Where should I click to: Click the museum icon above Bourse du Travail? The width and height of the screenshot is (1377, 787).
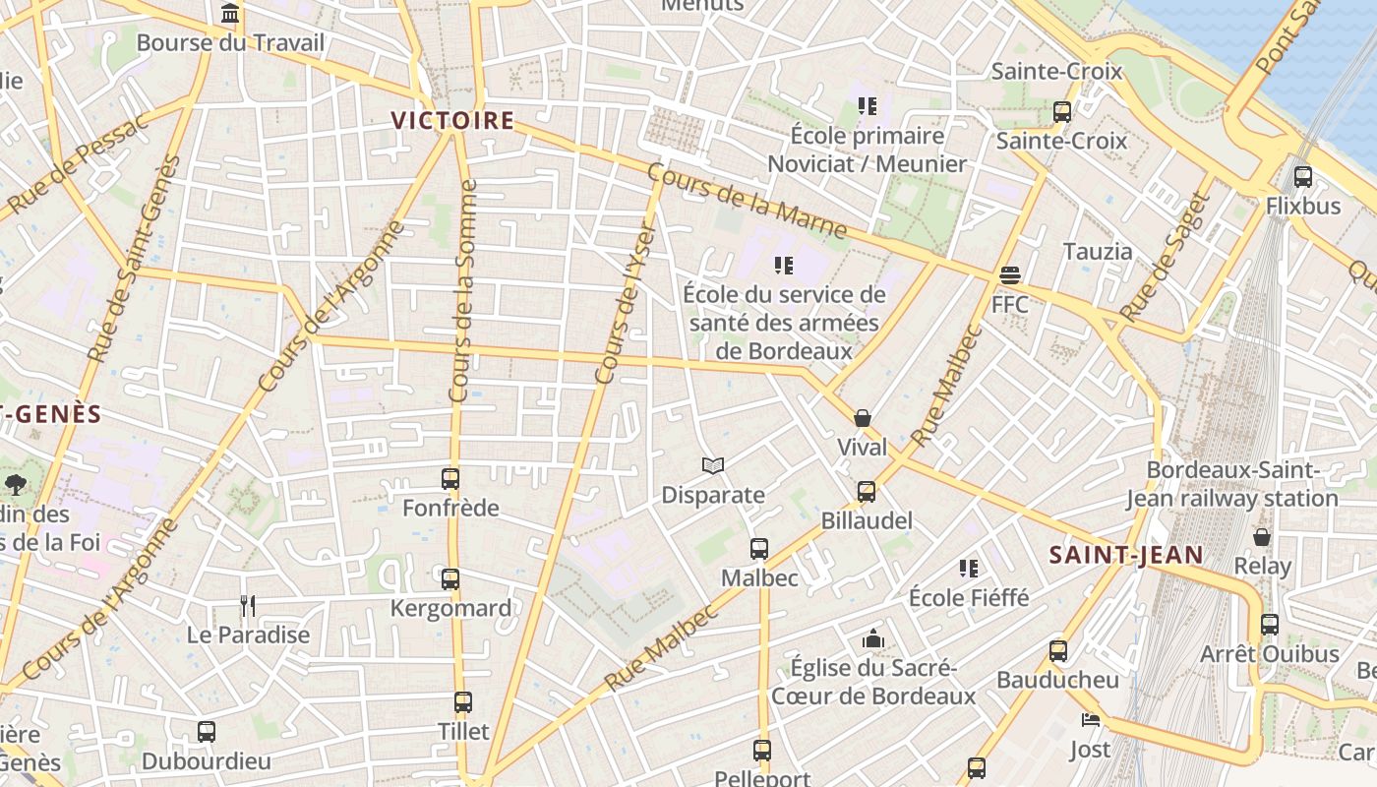pos(230,14)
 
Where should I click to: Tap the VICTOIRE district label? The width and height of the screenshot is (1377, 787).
pos(452,120)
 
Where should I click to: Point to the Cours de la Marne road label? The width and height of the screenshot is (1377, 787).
pos(748,201)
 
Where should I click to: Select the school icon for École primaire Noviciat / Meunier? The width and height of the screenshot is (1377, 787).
pos(867,105)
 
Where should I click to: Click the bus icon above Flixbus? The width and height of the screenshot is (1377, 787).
pos(1303,177)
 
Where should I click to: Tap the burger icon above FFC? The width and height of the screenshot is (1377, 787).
pos(1010,274)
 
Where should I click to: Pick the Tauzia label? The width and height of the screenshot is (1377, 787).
pos(1098,251)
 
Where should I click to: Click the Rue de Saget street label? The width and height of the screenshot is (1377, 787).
pos(1163,258)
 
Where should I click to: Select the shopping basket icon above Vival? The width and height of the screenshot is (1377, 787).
pos(863,418)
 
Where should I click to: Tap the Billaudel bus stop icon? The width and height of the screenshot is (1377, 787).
pos(867,491)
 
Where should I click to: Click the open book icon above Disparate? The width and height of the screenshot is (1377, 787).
pos(713,465)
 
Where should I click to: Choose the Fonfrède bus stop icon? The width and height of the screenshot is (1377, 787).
pos(450,479)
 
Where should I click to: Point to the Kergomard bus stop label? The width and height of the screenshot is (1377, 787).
pos(450,608)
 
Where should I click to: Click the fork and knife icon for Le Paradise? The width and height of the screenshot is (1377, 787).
pos(248,605)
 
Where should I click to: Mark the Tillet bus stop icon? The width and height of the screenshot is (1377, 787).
pos(463,702)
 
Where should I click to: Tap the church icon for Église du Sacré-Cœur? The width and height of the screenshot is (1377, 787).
pos(872,639)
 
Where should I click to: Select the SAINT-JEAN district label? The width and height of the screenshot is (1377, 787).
pos(1126,555)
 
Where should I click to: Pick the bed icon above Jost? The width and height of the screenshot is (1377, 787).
pos(1090,720)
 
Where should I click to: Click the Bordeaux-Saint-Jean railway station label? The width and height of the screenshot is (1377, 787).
pos(1232,485)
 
